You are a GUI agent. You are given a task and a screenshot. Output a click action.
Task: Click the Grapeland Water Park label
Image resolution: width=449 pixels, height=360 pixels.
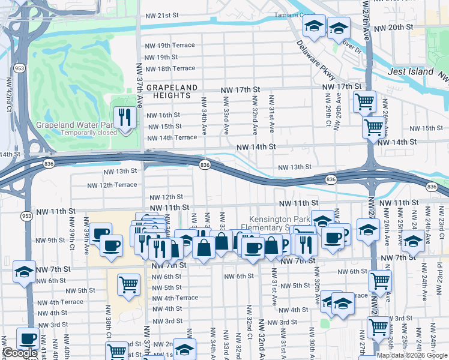click(74, 125)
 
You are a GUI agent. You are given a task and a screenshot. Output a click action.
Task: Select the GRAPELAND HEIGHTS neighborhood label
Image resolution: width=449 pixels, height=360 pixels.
click(172, 91)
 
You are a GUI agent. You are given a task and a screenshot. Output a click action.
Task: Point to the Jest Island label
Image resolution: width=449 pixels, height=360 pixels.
click(411, 71)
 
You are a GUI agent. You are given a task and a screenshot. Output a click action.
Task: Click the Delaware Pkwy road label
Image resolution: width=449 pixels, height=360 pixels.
click(316, 59)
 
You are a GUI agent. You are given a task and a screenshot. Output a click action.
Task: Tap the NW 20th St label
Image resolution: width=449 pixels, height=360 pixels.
click(393, 28)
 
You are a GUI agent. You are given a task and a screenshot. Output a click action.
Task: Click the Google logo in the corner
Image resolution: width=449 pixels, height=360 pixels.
click(20, 353)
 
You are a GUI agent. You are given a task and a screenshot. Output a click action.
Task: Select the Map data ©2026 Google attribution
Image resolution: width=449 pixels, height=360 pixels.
click(412, 355)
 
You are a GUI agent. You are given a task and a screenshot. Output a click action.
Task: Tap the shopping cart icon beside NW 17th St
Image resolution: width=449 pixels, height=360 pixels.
click(364, 101)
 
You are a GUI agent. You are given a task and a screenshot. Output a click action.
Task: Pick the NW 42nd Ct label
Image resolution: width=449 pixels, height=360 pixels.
click(9, 94)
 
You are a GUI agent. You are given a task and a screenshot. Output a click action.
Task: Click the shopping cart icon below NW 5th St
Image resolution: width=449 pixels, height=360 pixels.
click(128, 284)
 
